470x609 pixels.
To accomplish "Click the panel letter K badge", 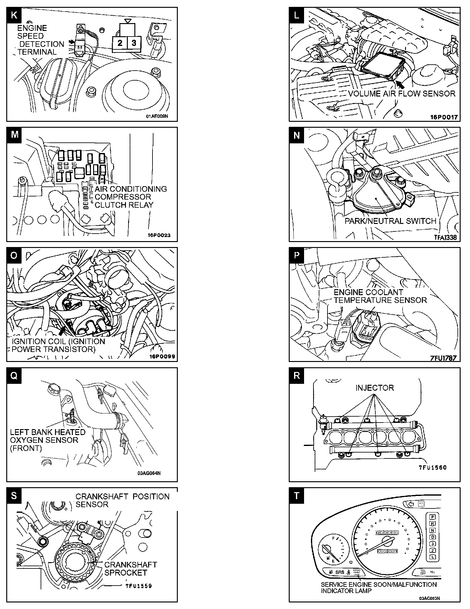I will [14, 15].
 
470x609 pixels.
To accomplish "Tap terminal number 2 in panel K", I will [120, 43].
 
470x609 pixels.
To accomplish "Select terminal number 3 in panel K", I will [134, 43].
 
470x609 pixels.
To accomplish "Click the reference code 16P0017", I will [444, 117].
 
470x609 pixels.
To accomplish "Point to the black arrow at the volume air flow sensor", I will [400, 84].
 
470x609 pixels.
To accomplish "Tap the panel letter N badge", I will [297, 135].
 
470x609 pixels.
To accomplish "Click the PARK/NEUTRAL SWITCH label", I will [390, 221].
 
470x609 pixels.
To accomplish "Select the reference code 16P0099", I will [161, 357].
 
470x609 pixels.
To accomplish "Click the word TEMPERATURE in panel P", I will [364, 300].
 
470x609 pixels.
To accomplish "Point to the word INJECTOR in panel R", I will [374, 388].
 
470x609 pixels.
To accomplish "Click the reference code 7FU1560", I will [433, 468].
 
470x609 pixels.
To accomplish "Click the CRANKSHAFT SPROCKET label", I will [130, 569].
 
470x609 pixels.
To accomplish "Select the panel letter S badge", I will [14, 496].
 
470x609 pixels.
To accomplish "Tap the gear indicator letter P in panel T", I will [432, 517].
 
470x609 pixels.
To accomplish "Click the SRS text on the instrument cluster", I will [340, 572].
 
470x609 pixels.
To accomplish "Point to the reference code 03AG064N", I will [149, 473].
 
